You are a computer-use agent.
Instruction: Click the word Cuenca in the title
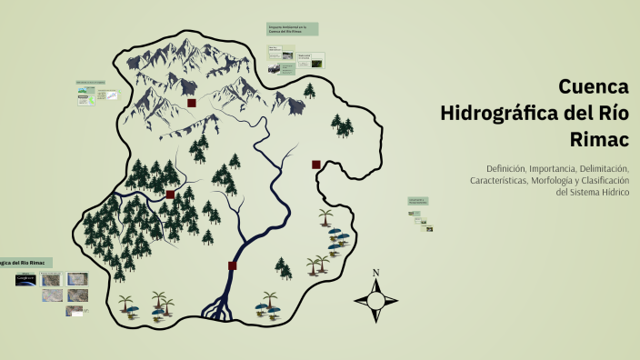[592, 87]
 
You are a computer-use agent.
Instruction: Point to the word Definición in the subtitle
[512, 168]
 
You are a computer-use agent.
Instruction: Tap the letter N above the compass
[376, 274]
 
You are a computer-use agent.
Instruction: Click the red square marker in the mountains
[192, 104]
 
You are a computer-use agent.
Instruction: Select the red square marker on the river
[233, 266]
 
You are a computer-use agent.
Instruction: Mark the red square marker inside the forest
[170, 195]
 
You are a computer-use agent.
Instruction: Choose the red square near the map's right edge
[316, 165]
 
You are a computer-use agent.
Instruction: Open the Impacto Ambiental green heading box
[292, 29]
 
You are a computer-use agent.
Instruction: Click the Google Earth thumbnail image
[25, 280]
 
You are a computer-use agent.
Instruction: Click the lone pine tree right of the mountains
[309, 90]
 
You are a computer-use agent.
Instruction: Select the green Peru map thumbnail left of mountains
[83, 98]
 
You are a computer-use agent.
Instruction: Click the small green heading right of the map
[418, 199]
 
